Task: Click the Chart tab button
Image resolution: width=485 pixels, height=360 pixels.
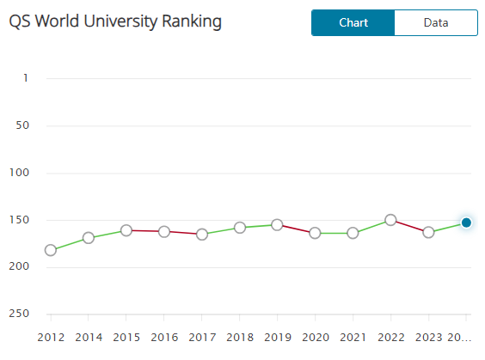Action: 353,23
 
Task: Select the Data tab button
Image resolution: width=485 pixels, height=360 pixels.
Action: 435,23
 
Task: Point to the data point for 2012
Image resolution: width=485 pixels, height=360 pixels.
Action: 51,250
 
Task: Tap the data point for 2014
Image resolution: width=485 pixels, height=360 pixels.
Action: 89,238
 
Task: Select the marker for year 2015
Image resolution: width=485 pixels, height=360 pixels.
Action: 126,230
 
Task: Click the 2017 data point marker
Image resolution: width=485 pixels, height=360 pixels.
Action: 202,234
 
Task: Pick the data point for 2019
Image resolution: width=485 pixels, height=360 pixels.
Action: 277,224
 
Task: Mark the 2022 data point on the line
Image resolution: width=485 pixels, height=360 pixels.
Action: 390,220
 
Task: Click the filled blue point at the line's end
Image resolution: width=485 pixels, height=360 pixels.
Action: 466,223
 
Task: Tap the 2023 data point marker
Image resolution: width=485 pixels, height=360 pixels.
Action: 428,232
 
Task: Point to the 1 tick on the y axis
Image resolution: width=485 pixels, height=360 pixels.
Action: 26,78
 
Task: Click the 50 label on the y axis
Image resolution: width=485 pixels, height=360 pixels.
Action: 23,125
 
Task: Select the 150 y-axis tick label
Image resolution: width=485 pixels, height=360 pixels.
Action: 21,220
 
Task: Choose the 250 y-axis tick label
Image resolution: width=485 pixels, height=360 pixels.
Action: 21,314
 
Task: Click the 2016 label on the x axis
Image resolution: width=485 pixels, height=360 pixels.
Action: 164,337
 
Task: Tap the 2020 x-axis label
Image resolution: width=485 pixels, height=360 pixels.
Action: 315,337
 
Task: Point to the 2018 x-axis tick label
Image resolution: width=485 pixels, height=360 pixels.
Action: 239,337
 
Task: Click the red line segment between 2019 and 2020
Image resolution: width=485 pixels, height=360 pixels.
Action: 296,229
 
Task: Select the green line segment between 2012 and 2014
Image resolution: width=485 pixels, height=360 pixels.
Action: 70,244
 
